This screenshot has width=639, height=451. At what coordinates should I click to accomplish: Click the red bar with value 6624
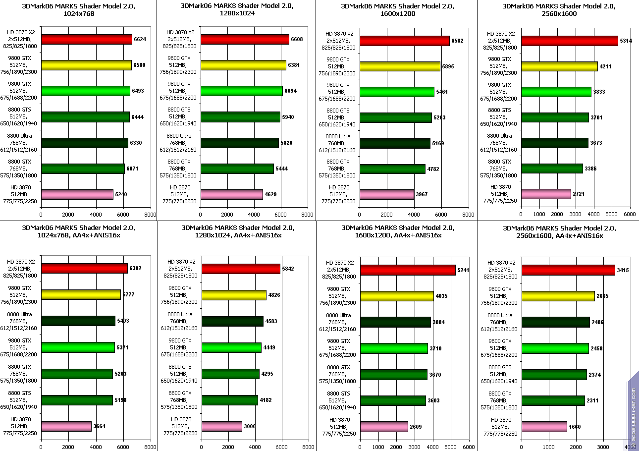pyautogui.click(x=87, y=40)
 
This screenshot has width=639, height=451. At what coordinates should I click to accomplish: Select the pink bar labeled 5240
pyautogui.click(x=77, y=194)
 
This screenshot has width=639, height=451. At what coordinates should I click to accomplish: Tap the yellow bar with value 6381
pyautogui.click(x=243, y=65)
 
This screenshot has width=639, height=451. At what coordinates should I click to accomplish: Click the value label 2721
pyautogui.click(x=579, y=194)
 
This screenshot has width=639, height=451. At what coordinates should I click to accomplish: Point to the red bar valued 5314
pyautogui.click(x=570, y=41)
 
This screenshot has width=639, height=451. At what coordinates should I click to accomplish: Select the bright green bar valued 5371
pyautogui.click(x=78, y=347)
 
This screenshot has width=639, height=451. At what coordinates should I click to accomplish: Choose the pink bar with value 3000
pyautogui.click(x=222, y=426)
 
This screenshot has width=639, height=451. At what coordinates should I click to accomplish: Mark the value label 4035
pyautogui.click(x=441, y=296)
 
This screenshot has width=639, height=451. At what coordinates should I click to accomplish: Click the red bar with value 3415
pyautogui.click(x=568, y=270)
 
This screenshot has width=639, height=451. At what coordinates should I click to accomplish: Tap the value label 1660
pyautogui.click(x=575, y=427)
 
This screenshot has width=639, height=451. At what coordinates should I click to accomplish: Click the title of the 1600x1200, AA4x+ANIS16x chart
pyautogui.click(x=397, y=231)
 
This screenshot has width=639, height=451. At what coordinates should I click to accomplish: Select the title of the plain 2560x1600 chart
pyautogui.click(x=558, y=10)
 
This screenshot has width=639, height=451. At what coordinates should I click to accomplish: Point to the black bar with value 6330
pyautogui.click(x=85, y=143)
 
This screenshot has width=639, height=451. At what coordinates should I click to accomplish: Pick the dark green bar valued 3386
pyautogui.click(x=552, y=169)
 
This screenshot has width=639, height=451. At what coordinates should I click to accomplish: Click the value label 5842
pyautogui.click(x=288, y=269)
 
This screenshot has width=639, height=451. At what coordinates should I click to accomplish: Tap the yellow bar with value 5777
pyautogui.click(x=81, y=295)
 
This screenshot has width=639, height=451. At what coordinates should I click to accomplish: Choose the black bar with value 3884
pyautogui.click(x=395, y=322)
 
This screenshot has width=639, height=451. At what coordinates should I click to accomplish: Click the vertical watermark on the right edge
pyautogui.click(x=634, y=411)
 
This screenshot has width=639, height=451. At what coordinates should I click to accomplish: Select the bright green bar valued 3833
pyautogui.click(x=556, y=92)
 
